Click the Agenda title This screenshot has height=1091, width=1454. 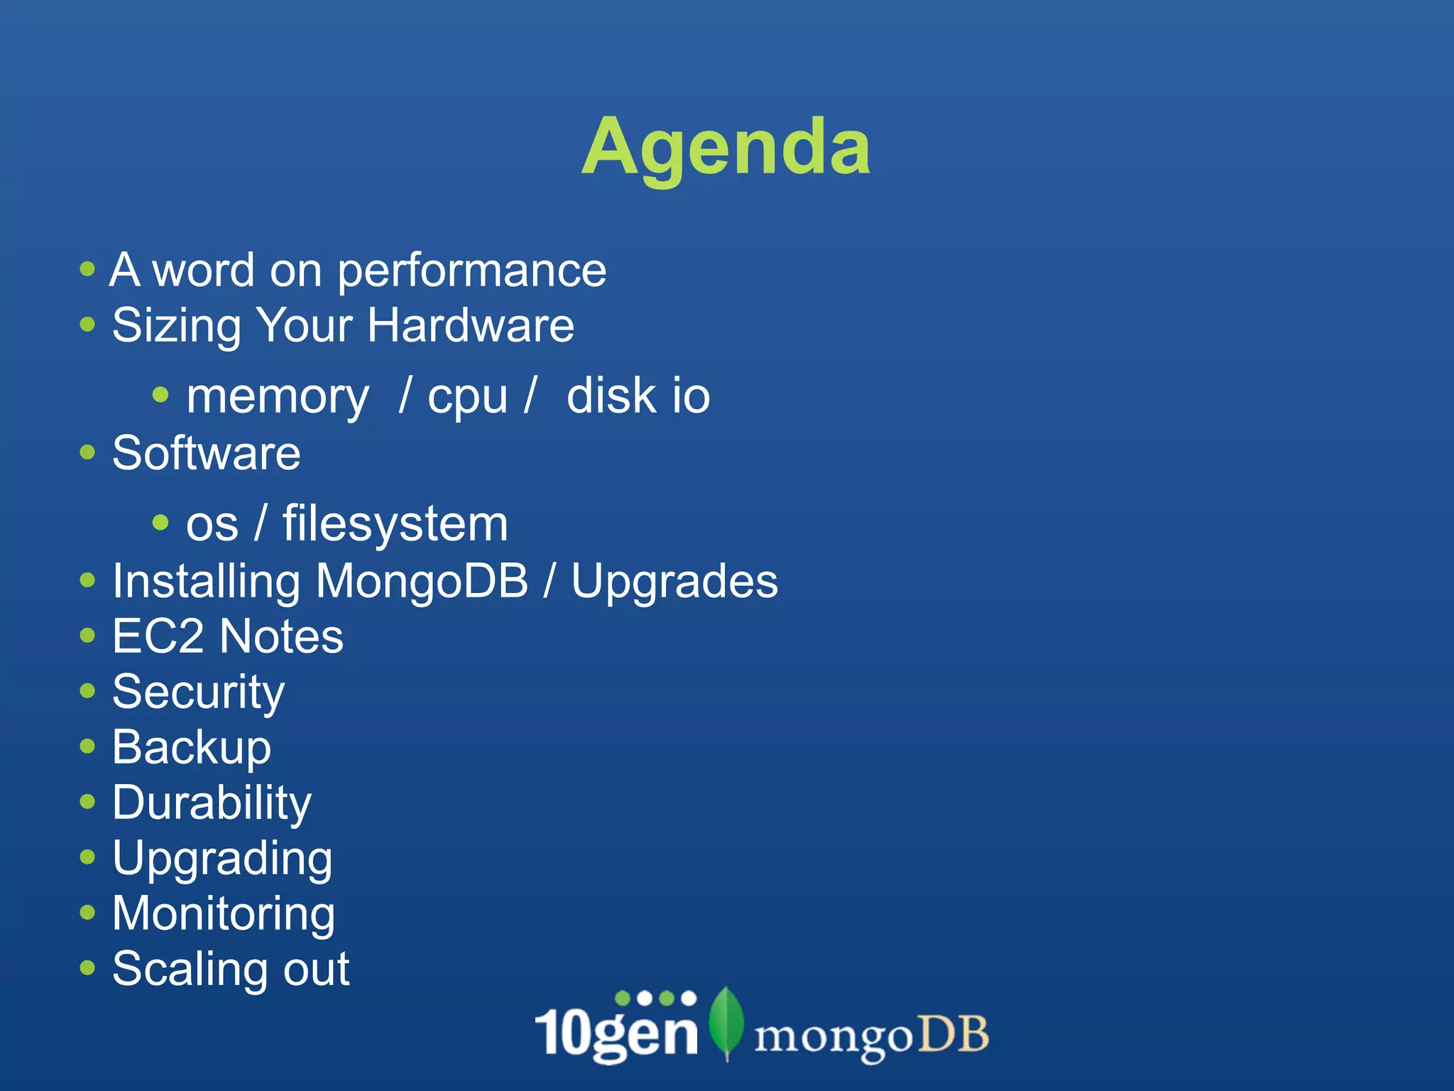(x=726, y=148)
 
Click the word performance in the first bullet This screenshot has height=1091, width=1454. (x=471, y=271)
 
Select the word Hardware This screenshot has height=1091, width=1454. (x=471, y=326)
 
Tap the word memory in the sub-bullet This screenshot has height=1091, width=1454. (x=278, y=396)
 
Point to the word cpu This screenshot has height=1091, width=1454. (x=467, y=398)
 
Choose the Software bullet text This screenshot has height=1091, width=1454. (x=207, y=453)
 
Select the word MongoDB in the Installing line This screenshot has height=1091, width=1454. (x=422, y=581)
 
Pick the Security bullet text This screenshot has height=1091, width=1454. (x=199, y=693)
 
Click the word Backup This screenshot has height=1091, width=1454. (x=192, y=748)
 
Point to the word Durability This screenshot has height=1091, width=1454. (x=212, y=803)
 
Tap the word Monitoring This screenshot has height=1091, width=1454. (x=224, y=914)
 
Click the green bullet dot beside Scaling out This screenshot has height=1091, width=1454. (x=87, y=968)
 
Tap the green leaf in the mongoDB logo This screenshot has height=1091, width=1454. (x=726, y=1021)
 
